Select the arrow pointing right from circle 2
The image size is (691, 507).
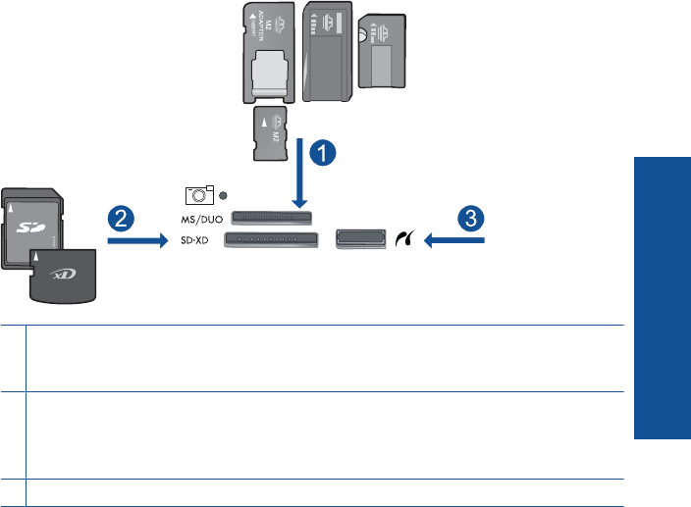138,237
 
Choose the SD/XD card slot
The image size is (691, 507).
272,238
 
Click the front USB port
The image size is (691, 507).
360,237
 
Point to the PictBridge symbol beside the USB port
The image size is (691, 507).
403,237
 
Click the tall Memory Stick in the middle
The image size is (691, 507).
327,51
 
